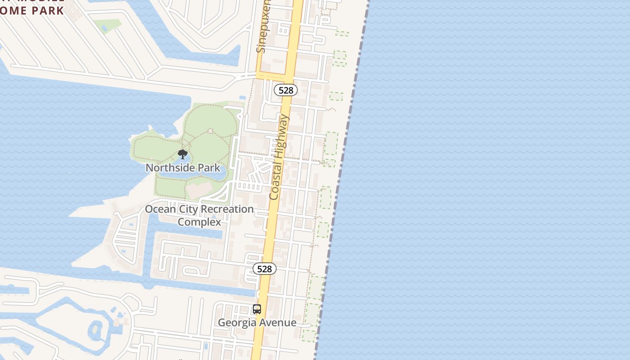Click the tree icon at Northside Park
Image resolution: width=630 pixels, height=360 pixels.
pyautogui.click(x=182, y=154)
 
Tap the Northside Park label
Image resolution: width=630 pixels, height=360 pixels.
pyautogui.click(x=183, y=168)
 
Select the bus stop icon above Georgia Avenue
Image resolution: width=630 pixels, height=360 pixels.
pyautogui.click(x=257, y=309)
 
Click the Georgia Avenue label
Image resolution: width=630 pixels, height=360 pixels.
pyautogui.click(x=257, y=323)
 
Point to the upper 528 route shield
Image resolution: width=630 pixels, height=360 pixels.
pyautogui.click(x=286, y=90)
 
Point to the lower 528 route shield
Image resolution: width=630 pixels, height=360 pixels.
pyautogui.click(x=264, y=269)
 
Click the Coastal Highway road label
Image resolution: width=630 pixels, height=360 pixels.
pyautogui.click(x=279, y=157)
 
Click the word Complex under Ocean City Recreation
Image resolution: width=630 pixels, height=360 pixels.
pyautogui.click(x=199, y=222)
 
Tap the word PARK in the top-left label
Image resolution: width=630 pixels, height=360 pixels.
pyautogui.click(x=48, y=11)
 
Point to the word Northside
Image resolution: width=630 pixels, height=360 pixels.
pyautogui.click(x=171, y=168)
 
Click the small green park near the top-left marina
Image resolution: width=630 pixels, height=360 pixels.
pyautogui.click(x=108, y=25)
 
